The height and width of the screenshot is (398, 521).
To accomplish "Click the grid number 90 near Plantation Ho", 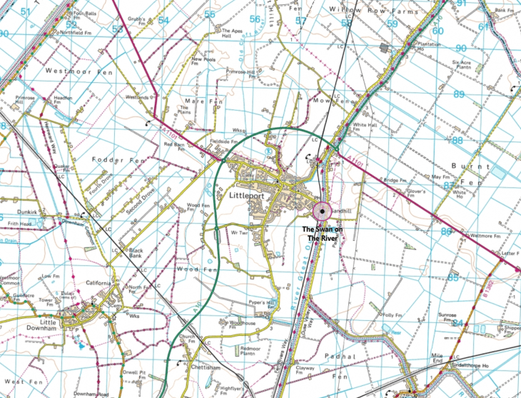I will tap(460, 48).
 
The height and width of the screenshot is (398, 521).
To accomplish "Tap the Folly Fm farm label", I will tap(393, 314).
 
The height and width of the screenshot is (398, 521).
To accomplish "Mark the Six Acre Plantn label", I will tap(461, 66).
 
